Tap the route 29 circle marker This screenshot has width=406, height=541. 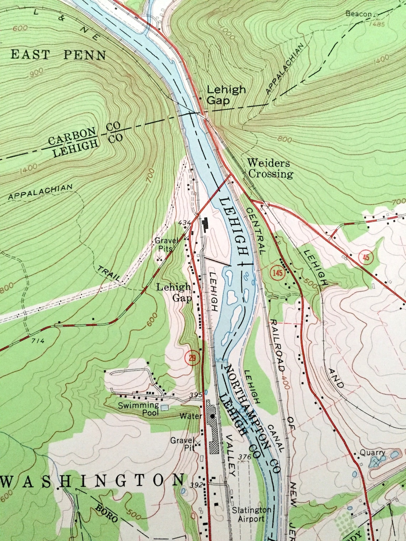[x=192, y=358]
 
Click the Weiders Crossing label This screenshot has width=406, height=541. [x=270, y=169]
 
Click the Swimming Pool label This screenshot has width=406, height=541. [x=139, y=409]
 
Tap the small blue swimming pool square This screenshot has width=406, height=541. [x=164, y=408]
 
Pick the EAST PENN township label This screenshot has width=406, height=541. [x=59, y=55]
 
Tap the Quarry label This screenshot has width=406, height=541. [x=373, y=452]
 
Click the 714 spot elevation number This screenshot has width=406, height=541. [x=38, y=341]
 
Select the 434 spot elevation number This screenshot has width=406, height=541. [x=185, y=222]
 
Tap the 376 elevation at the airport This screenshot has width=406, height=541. [x=246, y=457]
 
